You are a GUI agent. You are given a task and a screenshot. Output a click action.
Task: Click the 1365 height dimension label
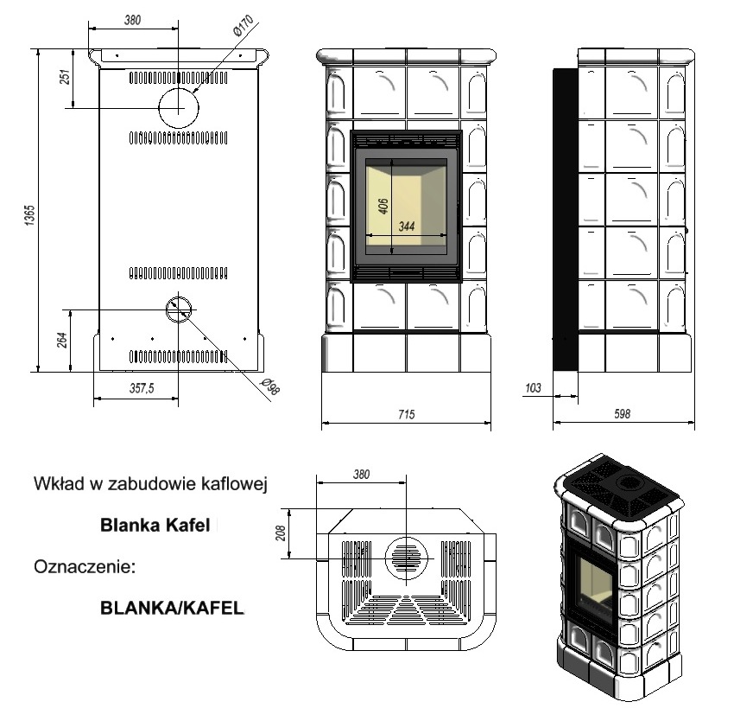tap(28, 214)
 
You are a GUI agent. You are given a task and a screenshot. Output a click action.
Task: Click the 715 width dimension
tap(406, 415)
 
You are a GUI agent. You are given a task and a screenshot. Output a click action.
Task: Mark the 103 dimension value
tap(533, 389)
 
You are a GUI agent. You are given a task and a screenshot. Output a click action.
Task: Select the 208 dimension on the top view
tap(280, 533)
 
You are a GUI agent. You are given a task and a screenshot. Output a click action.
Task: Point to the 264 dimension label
tap(62, 340)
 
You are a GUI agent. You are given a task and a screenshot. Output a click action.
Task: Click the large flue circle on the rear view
tap(179, 106)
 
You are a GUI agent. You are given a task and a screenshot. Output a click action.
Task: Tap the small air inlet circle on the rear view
tap(180, 308)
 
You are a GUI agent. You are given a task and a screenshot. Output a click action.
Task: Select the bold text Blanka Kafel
tap(155, 525)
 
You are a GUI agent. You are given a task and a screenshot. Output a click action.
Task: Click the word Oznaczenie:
tap(85, 568)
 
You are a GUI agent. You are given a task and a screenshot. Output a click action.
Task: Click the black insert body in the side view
tap(565, 220)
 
